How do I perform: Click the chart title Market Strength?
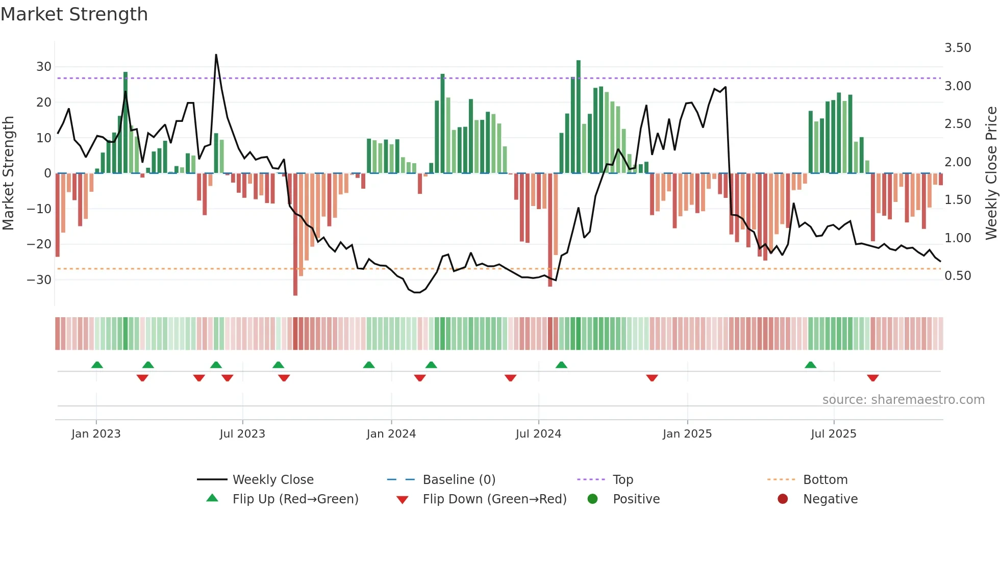coord(74,14)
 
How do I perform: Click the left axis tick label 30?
coord(44,67)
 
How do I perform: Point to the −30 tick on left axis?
coord(40,280)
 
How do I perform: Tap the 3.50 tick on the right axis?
coord(958,48)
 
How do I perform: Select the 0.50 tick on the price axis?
coord(958,276)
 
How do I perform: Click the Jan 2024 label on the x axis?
coord(391,434)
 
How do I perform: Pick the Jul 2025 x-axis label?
coord(833,434)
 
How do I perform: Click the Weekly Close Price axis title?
coord(991,173)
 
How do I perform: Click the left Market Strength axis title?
coord(8,173)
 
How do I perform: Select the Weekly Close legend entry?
coord(273,480)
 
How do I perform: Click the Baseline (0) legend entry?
coord(459,480)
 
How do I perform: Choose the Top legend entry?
coord(622,480)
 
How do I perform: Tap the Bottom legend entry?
coord(825,480)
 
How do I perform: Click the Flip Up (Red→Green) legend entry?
coord(295,499)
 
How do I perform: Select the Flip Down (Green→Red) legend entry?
coord(494,499)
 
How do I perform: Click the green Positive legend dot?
coord(592,499)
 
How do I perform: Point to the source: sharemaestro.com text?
coord(903,400)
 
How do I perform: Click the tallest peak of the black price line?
coord(216,55)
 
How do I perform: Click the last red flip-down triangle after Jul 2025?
coord(872,378)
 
